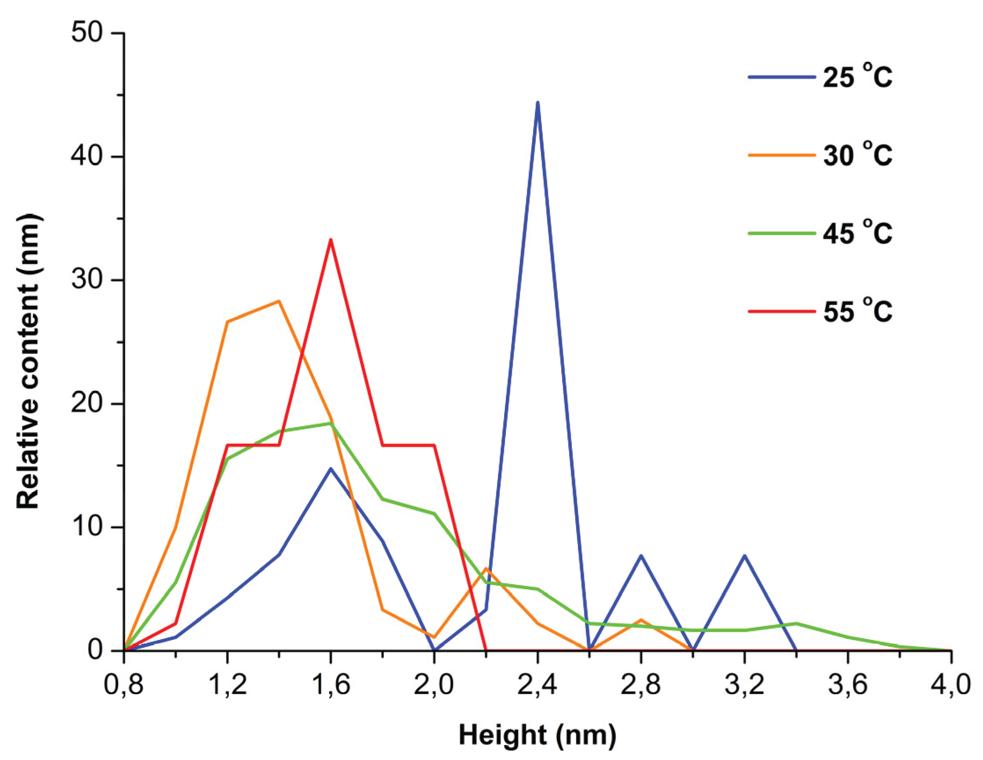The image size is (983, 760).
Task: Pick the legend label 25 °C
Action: (857, 77)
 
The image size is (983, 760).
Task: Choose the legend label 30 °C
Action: (857, 155)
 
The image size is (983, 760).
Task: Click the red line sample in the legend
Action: (781, 311)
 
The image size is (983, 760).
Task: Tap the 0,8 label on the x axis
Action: (123, 685)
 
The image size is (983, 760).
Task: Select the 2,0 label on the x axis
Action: (434, 685)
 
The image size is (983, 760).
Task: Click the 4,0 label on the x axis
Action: (950, 685)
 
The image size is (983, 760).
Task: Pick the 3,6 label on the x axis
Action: (848, 685)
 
